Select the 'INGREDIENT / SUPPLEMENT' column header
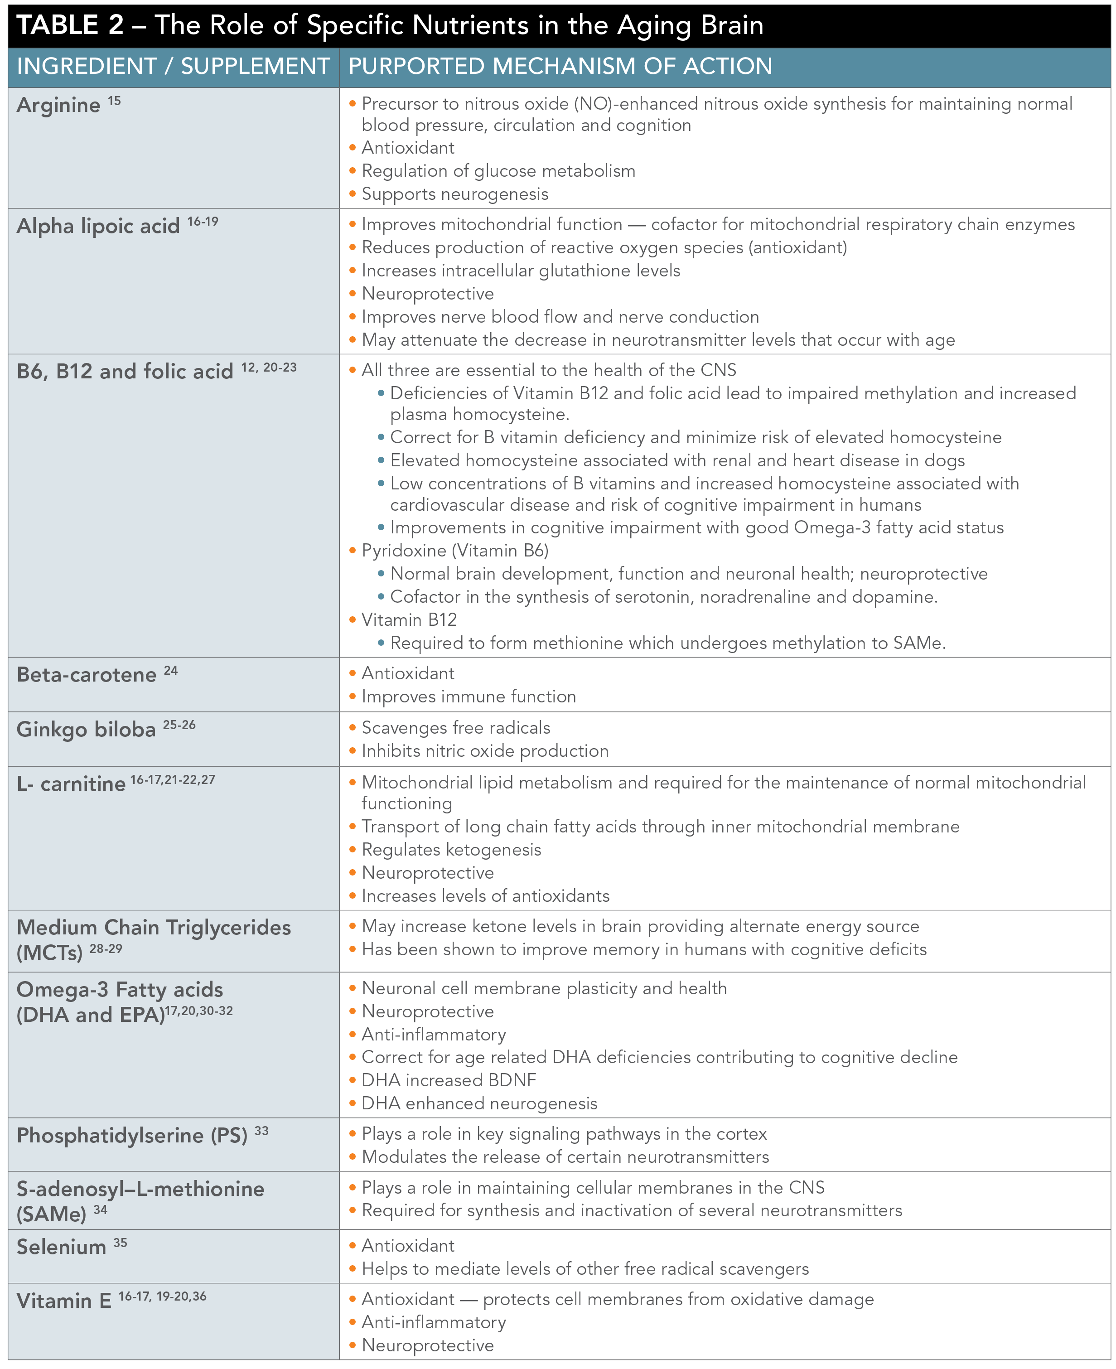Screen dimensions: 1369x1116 coord(173,66)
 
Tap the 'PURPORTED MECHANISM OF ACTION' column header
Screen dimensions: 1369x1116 coord(560,66)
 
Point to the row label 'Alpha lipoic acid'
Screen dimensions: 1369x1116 coord(98,226)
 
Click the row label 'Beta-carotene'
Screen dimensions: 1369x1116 coord(87,675)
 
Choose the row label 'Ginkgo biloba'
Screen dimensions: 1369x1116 coord(86,729)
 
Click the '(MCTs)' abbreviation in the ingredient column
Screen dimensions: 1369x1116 coord(49,952)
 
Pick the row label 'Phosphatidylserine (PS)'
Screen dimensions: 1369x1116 coord(132,1136)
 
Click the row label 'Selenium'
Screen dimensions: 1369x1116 coord(61,1248)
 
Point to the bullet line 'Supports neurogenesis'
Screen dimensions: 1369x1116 coord(454,194)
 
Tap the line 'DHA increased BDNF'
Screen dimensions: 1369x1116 coord(449,1080)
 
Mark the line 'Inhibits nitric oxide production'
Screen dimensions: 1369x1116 coord(485,751)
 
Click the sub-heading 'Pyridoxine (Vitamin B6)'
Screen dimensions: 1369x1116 coord(454,551)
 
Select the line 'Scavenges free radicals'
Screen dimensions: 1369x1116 coord(456,728)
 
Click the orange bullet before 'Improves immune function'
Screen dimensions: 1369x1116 coord(352,697)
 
